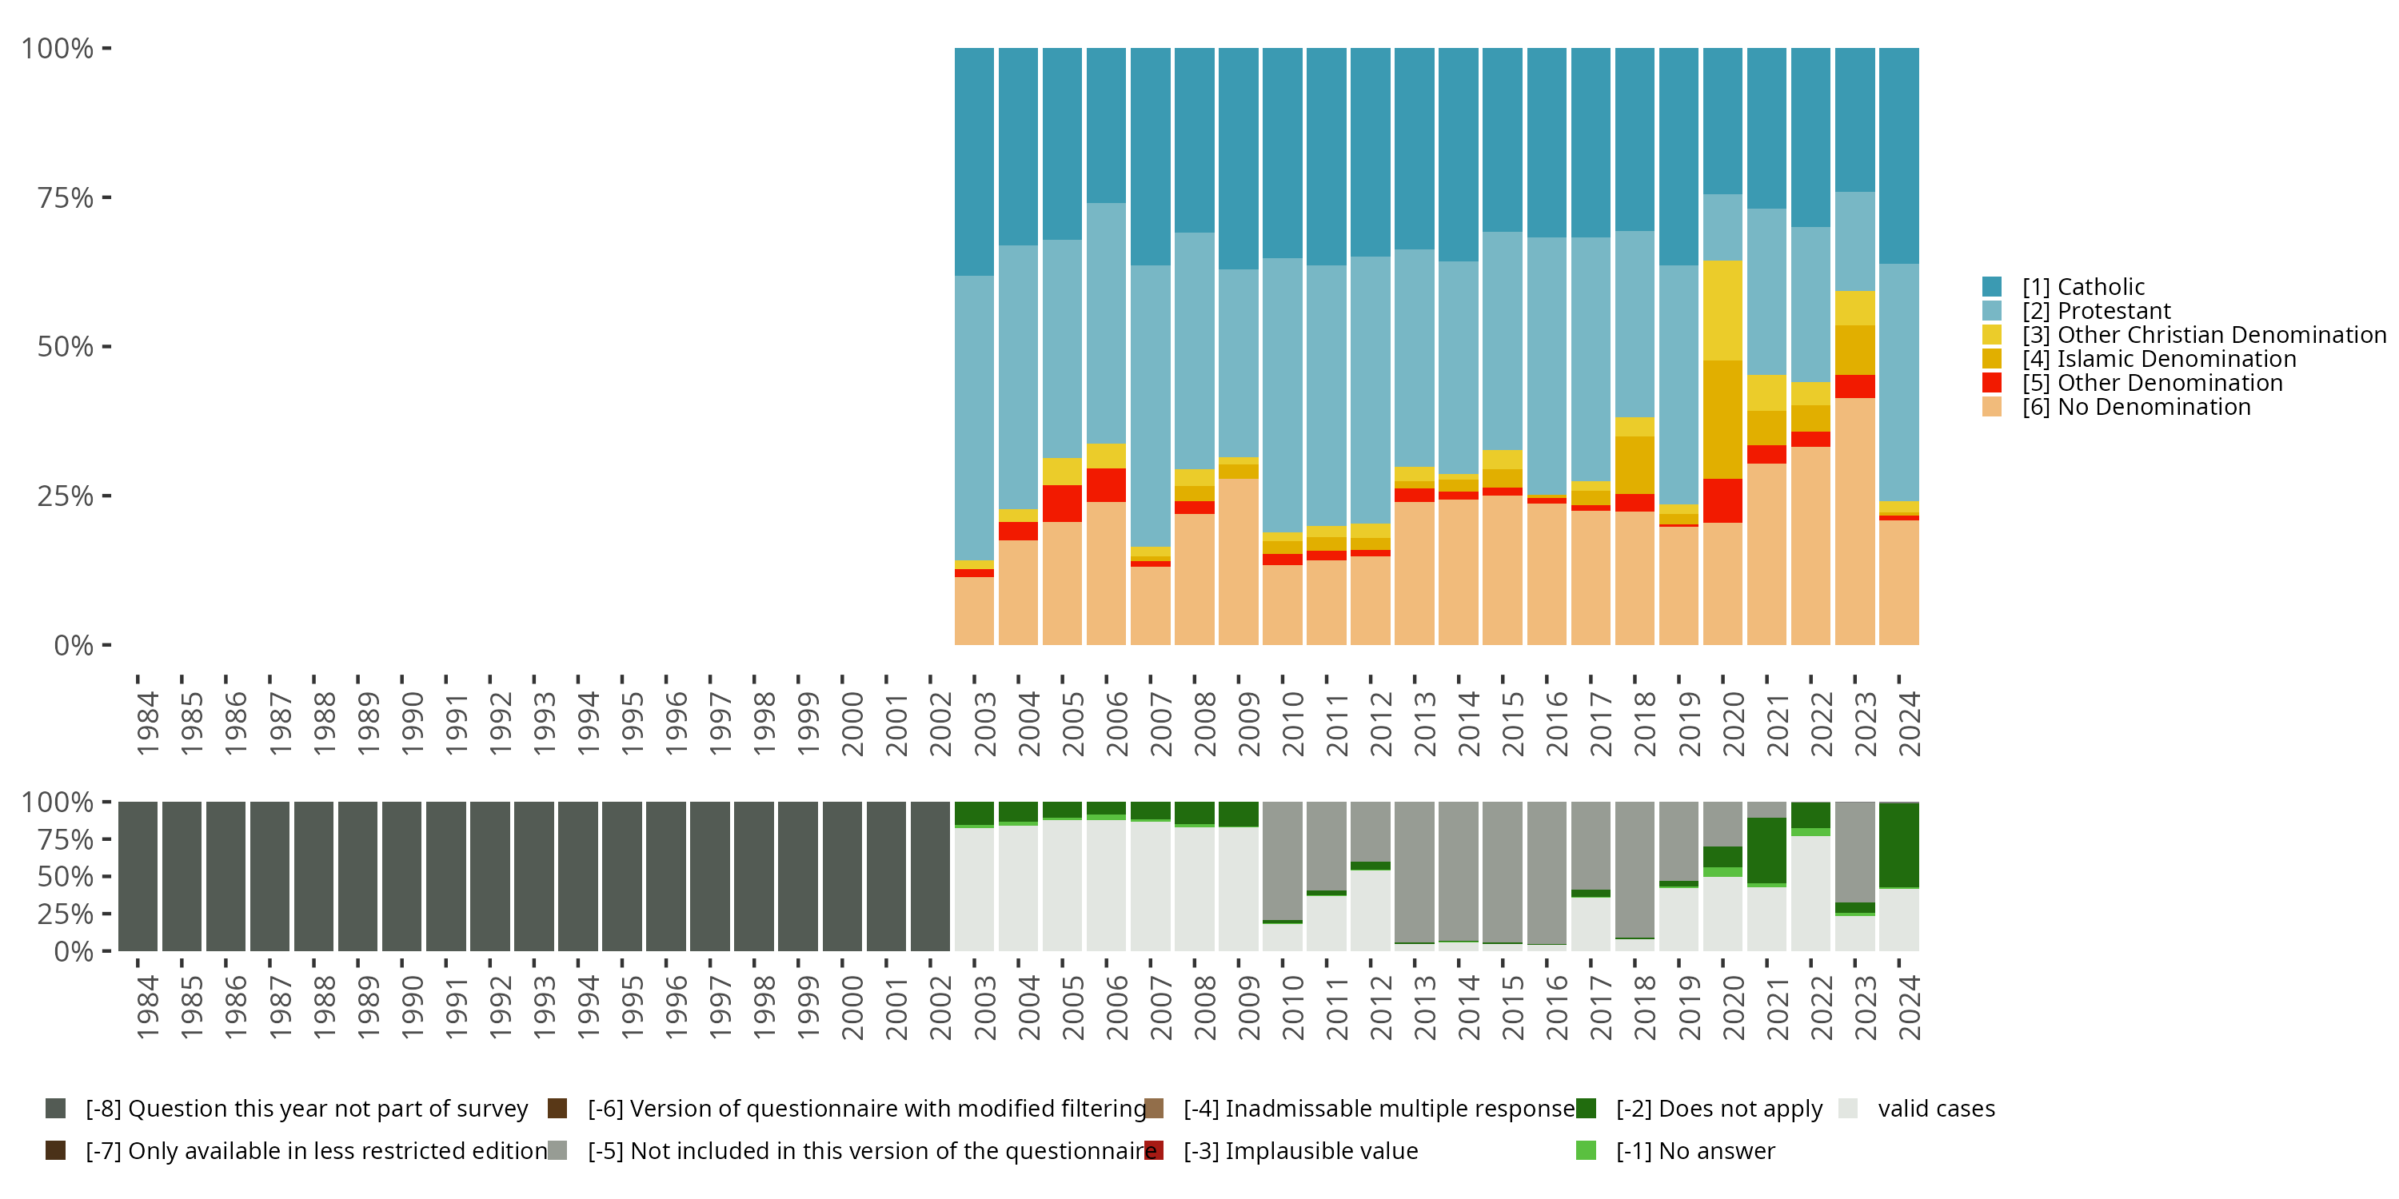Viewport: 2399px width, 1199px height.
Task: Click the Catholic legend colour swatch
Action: coord(1992,287)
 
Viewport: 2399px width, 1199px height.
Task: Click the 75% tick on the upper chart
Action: coord(66,197)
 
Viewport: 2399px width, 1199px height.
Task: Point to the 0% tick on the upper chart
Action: coord(74,645)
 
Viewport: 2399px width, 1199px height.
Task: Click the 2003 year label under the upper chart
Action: coord(984,724)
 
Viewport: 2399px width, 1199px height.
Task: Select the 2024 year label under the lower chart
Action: coord(1908,1007)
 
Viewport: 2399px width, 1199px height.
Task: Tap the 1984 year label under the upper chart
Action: coord(147,724)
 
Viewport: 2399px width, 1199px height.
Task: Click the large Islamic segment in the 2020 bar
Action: coord(1722,419)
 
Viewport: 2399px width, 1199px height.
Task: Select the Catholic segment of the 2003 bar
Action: coord(974,161)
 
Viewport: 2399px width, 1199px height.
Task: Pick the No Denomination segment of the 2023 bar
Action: coord(1854,521)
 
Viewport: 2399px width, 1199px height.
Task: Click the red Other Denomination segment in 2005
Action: coord(1062,504)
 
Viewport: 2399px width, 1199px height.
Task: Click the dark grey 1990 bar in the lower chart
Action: coord(401,876)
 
